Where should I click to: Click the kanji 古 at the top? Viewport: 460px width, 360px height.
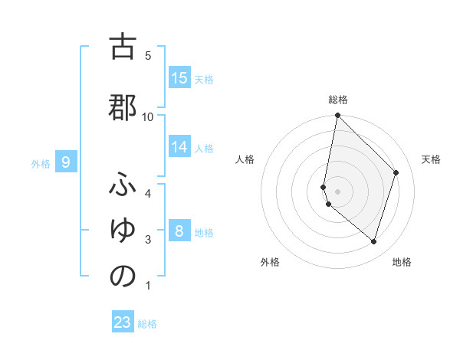[123, 47]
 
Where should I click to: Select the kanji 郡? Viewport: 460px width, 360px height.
[123, 108]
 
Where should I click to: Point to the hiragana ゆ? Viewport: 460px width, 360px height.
[123, 230]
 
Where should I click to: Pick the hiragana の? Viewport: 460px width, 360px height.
[123, 277]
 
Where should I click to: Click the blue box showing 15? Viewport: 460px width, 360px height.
[179, 78]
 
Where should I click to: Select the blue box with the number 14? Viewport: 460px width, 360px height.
[179, 147]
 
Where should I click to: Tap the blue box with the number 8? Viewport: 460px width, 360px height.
[179, 231]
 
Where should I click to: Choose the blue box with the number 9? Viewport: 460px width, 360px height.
[67, 162]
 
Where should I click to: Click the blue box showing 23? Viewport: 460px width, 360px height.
[123, 322]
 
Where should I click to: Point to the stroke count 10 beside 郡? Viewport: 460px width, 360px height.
[148, 116]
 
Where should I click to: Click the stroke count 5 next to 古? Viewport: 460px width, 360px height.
[148, 56]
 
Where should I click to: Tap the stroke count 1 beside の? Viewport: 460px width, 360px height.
[148, 286]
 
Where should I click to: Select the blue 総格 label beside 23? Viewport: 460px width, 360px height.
[147, 324]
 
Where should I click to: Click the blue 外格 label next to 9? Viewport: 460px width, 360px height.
[41, 163]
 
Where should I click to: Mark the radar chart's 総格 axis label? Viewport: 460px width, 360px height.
[338, 100]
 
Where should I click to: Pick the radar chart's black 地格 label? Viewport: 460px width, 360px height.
[402, 262]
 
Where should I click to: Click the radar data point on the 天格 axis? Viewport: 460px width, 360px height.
[396, 172]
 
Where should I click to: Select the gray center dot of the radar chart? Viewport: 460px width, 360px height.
[338, 191]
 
